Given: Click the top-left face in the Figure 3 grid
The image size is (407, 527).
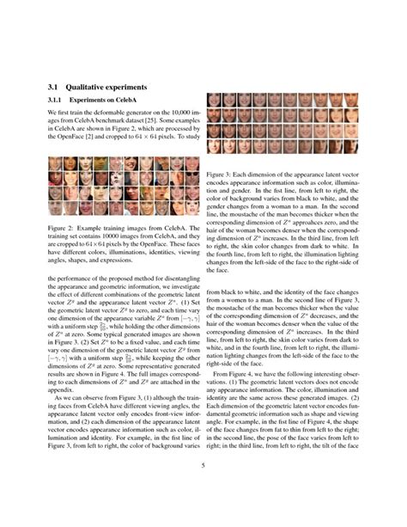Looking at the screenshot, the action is [x=214, y=98].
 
